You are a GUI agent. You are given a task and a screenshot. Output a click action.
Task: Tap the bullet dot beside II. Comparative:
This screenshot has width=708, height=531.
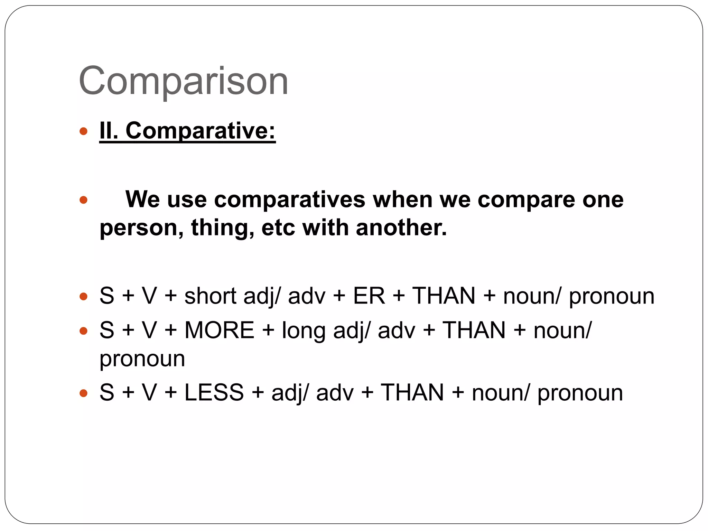point(83,131)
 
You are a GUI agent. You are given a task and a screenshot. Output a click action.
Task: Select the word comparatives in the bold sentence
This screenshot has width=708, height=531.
point(289,199)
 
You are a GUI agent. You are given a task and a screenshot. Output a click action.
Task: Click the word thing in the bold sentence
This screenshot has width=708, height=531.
point(222,229)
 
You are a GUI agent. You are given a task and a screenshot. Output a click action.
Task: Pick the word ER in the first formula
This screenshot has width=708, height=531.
point(369,296)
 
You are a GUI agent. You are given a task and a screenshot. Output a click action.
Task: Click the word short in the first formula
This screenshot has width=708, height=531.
point(210,296)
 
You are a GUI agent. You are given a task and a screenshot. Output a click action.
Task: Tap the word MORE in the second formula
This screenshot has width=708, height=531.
point(220,330)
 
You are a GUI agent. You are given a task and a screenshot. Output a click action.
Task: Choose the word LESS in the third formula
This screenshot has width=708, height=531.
point(214,392)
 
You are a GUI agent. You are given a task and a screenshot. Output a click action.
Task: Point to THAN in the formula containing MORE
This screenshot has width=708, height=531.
point(474,330)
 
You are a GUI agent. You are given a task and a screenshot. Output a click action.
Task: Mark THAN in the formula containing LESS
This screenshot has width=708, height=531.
point(412,392)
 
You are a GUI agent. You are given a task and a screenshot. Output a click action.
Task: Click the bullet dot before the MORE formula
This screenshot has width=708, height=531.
point(83,331)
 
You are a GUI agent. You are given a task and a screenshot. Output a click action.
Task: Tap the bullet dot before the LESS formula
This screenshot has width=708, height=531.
point(83,393)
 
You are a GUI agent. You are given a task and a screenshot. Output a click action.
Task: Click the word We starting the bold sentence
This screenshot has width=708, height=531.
point(142,199)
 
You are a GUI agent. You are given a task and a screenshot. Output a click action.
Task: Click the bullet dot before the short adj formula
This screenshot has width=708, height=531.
point(83,297)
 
